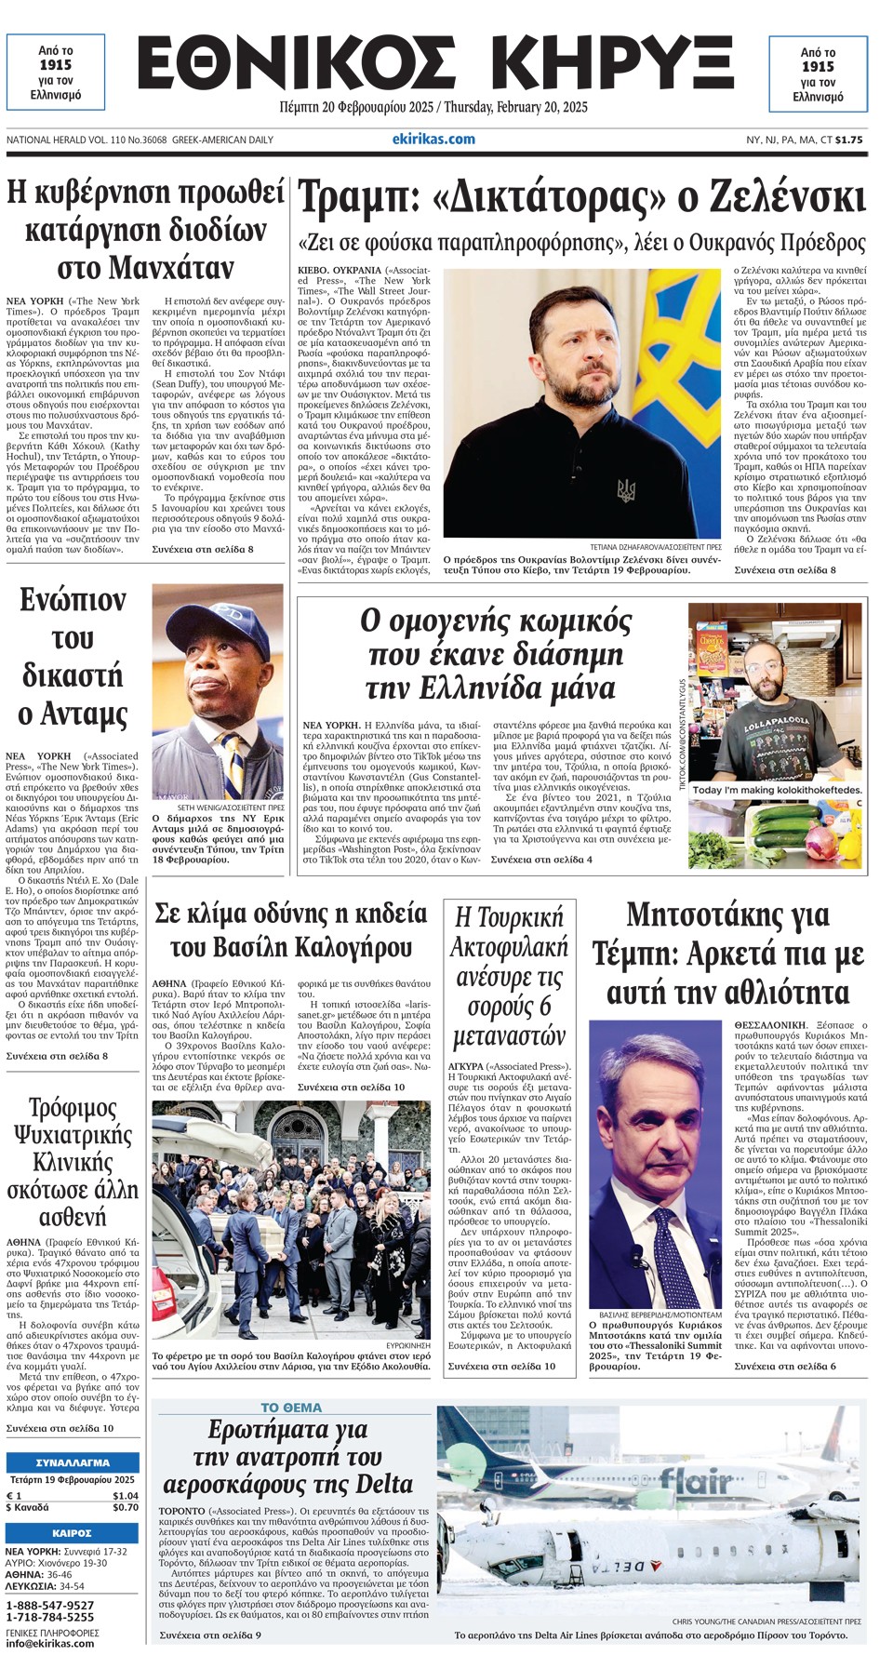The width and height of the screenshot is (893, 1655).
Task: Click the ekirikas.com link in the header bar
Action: click(433, 140)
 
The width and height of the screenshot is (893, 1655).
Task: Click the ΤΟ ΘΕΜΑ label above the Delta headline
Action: click(291, 1408)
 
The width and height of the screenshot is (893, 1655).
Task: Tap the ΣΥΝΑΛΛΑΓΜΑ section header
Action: click(73, 1461)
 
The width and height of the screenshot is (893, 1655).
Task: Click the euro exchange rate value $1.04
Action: click(126, 1495)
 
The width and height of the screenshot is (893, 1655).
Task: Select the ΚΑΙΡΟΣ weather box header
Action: click(73, 1532)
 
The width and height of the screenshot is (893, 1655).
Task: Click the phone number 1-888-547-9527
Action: click(50, 1605)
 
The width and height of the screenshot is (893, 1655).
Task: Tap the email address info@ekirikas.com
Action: click(49, 1643)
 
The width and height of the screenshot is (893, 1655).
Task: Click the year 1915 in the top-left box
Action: click(56, 65)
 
